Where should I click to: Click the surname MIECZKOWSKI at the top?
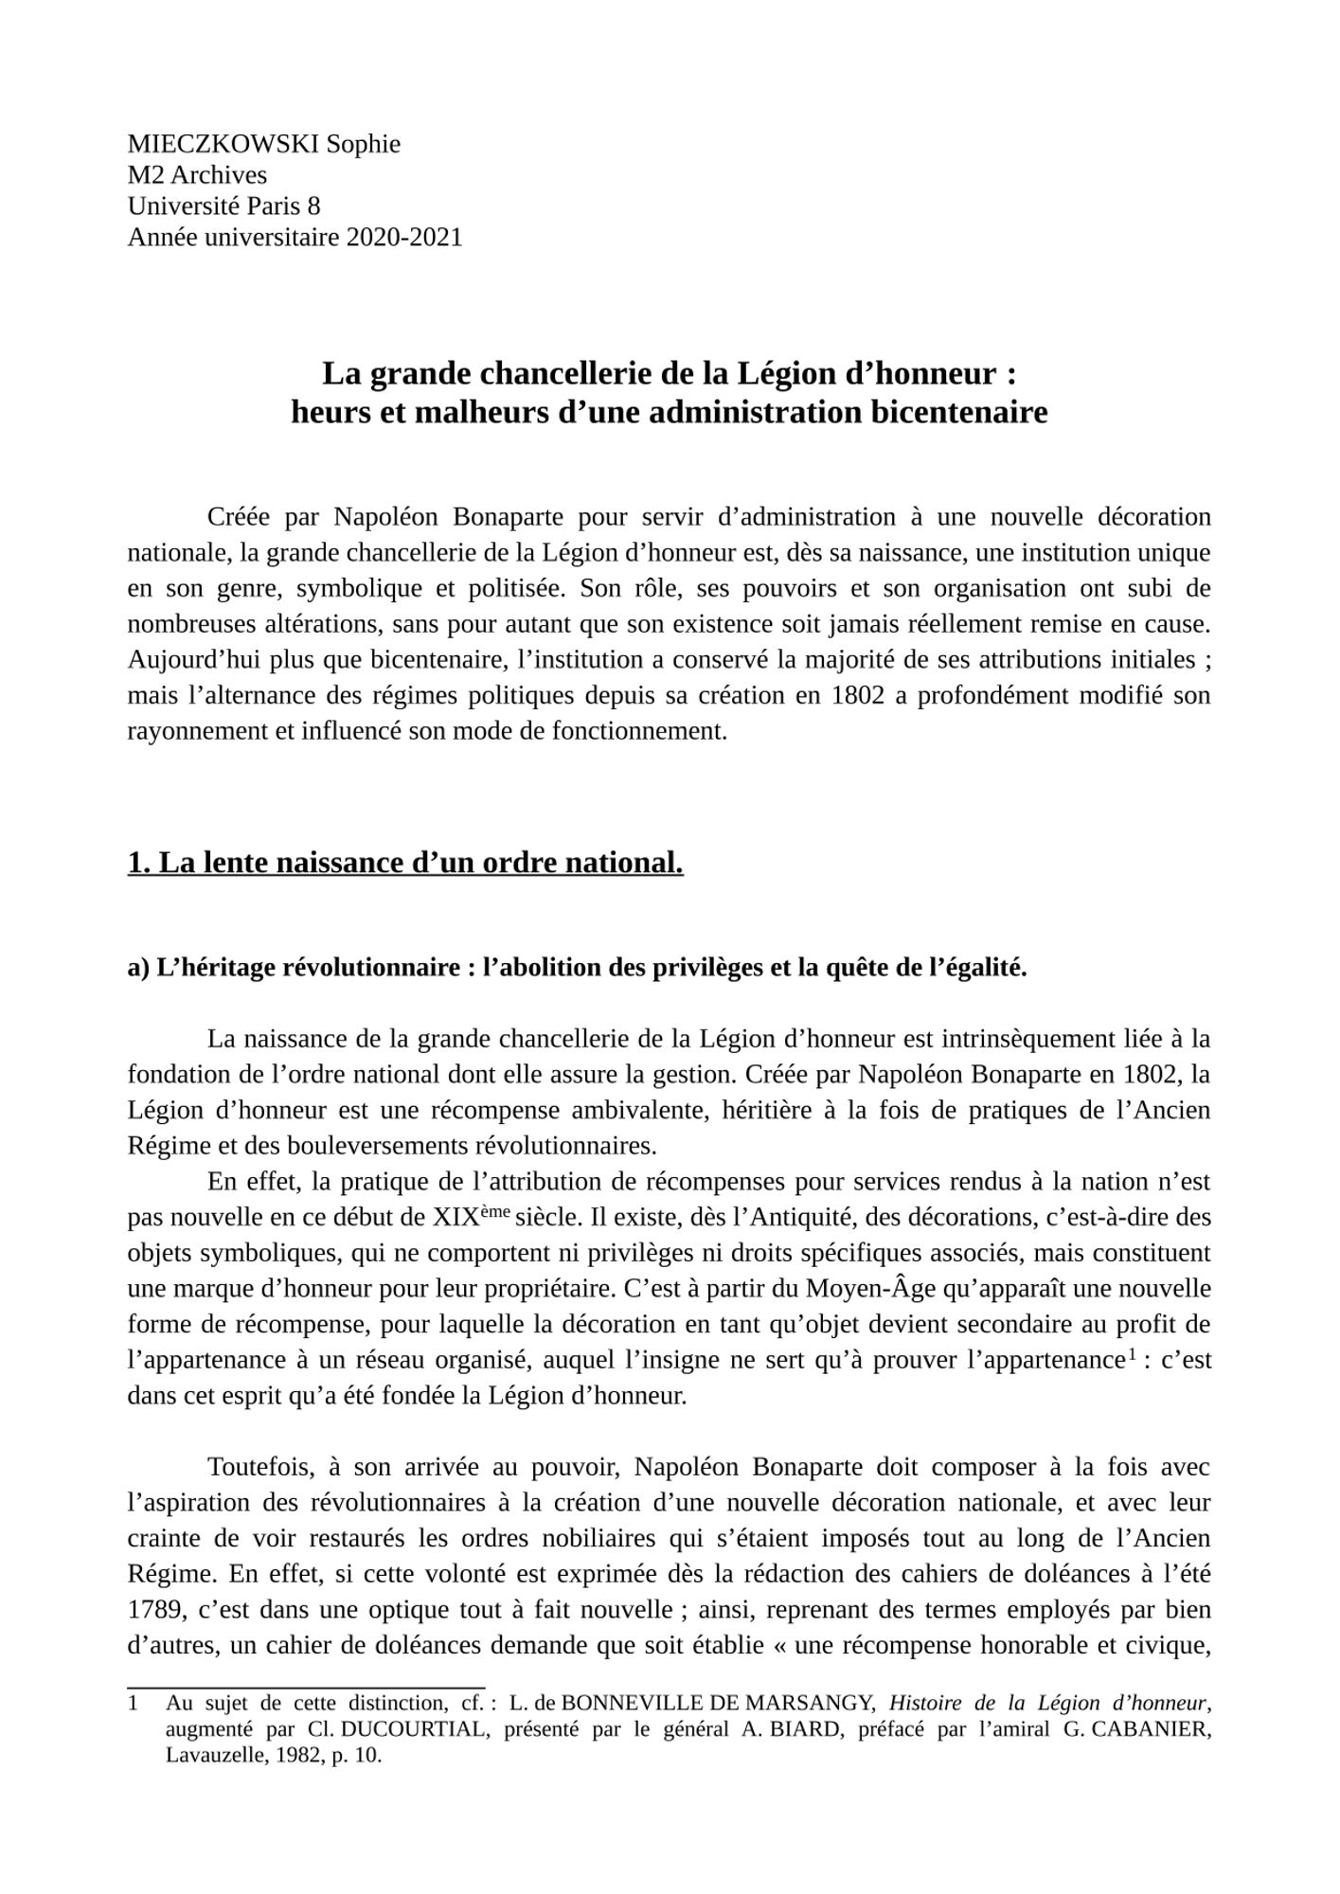tap(223, 144)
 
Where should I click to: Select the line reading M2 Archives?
tap(197, 175)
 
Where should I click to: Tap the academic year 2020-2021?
tap(404, 237)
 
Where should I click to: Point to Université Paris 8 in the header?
tap(223, 205)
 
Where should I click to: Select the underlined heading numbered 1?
tap(405, 863)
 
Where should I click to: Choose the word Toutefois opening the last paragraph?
tap(260, 1467)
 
